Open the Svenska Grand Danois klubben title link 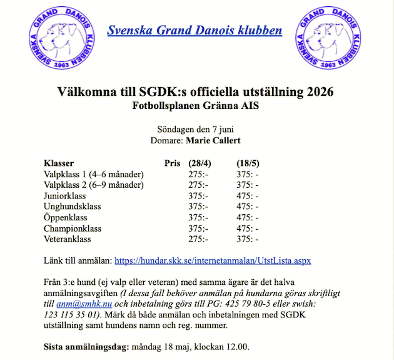(x=194, y=31)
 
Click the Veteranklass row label (x=68, y=239)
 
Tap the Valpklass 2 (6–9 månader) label (x=94, y=185)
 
